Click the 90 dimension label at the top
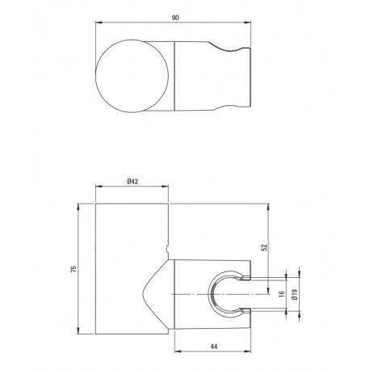(x=175, y=18)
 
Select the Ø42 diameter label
(x=132, y=182)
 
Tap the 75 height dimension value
(x=74, y=269)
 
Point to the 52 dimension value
(x=264, y=248)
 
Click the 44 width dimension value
(x=213, y=347)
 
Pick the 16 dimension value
(x=282, y=294)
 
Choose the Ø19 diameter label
(x=295, y=295)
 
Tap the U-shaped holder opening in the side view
(x=209, y=294)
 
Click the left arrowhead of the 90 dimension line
(x=98, y=23)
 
